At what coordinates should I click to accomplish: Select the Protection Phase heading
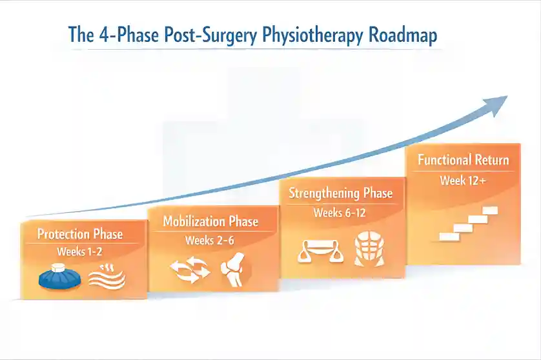(80, 234)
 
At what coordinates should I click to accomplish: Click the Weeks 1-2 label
(80, 252)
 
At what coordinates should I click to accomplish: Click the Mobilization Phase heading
(210, 222)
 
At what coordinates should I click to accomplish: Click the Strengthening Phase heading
(340, 193)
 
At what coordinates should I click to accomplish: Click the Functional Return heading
(463, 160)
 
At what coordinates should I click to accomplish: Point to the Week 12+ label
(463, 181)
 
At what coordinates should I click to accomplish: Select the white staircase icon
(468, 223)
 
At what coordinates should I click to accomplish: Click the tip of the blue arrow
(506, 99)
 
